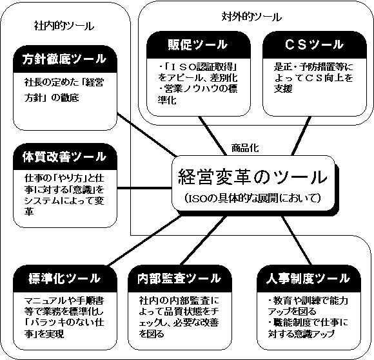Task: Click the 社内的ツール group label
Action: click(x=64, y=26)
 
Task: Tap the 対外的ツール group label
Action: click(x=251, y=17)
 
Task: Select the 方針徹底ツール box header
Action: click(x=65, y=59)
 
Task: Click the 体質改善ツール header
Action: click(x=65, y=156)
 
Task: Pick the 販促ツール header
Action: click(x=199, y=44)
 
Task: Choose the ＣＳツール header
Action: click(x=315, y=44)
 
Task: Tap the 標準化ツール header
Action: click(x=65, y=278)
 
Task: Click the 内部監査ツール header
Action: click(x=180, y=278)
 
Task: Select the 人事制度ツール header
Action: click(x=309, y=278)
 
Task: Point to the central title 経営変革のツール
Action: click(x=253, y=178)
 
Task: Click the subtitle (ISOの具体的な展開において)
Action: click(x=253, y=198)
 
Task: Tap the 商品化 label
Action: click(x=245, y=148)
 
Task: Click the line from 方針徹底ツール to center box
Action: click(x=146, y=135)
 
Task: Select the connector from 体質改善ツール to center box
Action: click(x=144, y=189)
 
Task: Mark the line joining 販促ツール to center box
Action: click(x=213, y=136)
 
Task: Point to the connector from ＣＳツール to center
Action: click(x=301, y=136)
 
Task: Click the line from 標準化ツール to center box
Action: click(x=144, y=240)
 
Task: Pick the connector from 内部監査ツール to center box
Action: click(x=204, y=240)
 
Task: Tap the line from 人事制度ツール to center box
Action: click(x=297, y=240)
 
